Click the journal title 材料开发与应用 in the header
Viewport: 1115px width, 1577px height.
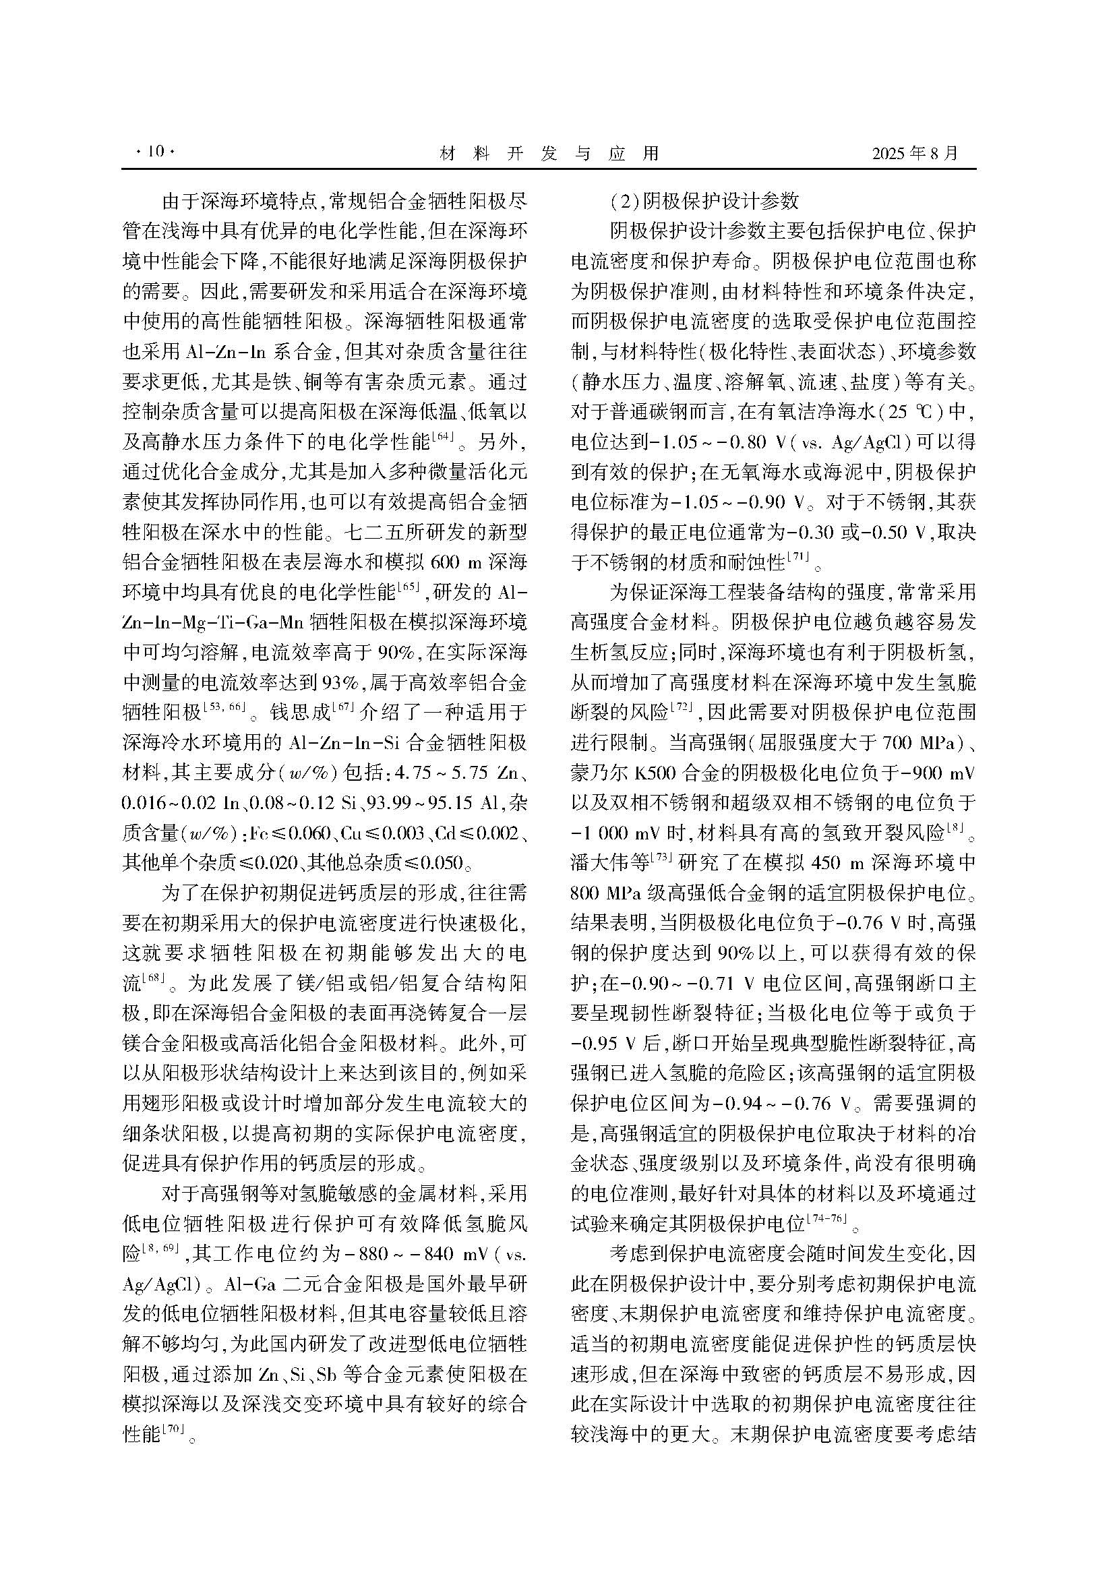coord(549,152)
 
